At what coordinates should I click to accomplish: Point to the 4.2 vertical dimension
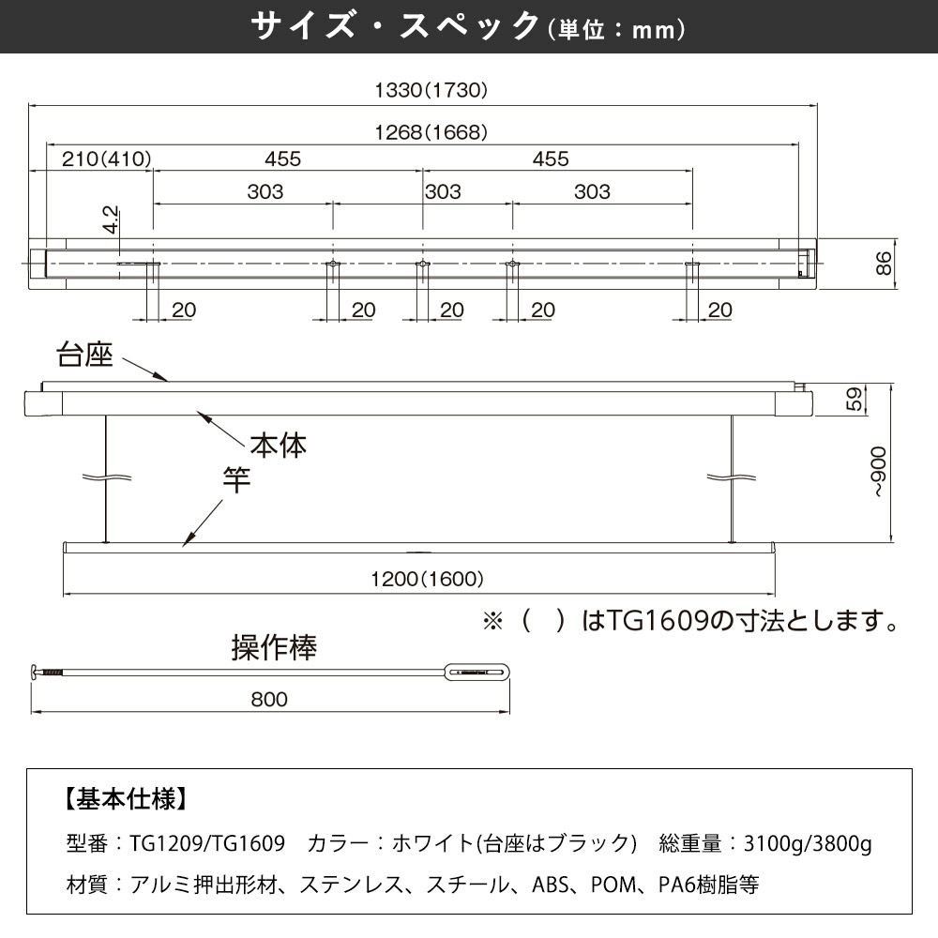111,220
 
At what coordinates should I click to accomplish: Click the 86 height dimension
882,264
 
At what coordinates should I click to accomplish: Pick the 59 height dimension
853,399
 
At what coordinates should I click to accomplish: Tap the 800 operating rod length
269,699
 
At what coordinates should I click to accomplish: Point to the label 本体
278,445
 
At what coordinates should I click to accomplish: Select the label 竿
236,481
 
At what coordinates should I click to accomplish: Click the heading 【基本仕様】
125,799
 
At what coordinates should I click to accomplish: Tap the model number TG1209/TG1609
207,843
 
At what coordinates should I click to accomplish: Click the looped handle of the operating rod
478,672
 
